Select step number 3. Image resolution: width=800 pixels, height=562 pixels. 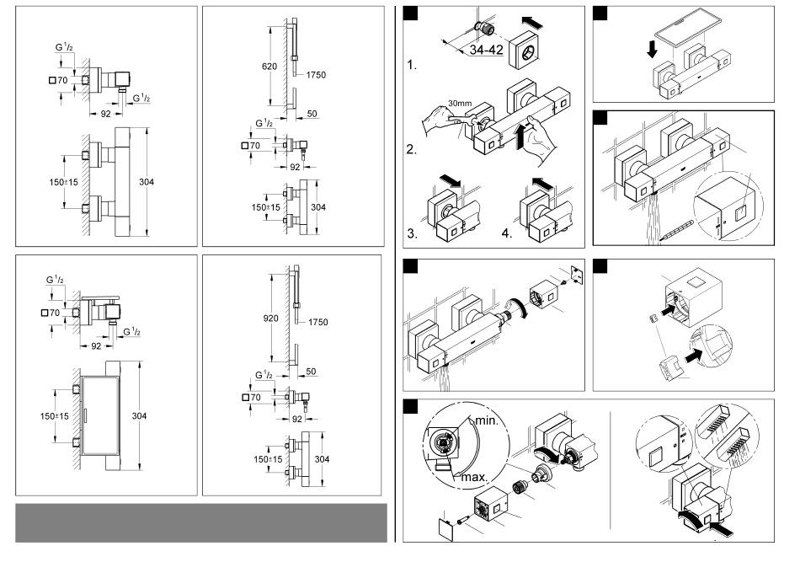(x=412, y=233)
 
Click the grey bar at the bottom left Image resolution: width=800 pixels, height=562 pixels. (x=200, y=522)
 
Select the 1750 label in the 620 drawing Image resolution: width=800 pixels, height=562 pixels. (x=317, y=74)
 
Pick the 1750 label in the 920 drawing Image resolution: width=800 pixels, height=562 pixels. (x=317, y=322)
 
